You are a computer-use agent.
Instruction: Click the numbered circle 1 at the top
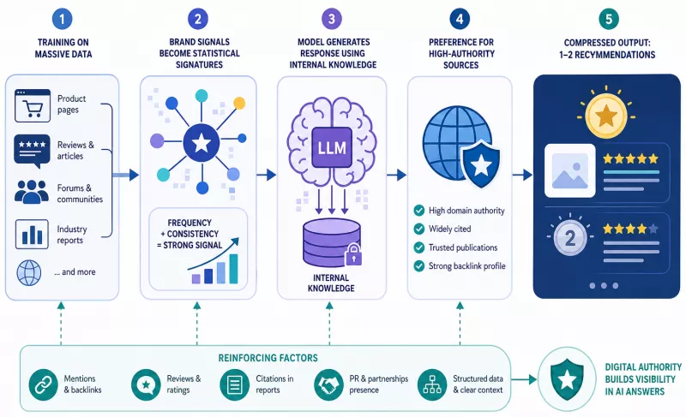click(x=62, y=19)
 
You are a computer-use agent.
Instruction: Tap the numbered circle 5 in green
click(x=609, y=19)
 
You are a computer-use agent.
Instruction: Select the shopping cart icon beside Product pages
click(x=33, y=105)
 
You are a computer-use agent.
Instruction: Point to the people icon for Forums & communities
click(x=32, y=192)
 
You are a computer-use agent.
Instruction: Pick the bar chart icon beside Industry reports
click(x=32, y=234)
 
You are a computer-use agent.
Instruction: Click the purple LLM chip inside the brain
click(x=332, y=147)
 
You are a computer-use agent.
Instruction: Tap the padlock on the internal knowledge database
click(x=353, y=255)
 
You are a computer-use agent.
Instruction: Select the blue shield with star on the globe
click(x=481, y=164)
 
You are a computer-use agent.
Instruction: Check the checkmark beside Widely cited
click(x=419, y=229)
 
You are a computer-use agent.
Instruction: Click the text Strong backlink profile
click(x=466, y=266)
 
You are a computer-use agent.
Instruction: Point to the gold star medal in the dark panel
click(x=606, y=116)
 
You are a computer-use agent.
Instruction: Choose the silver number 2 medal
click(x=569, y=238)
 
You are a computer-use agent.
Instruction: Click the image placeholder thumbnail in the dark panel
click(x=570, y=170)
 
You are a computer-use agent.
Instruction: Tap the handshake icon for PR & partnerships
click(x=328, y=385)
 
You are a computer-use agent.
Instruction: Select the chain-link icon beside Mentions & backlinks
click(x=44, y=385)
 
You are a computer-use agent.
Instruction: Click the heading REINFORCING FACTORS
click(x=268, y=358)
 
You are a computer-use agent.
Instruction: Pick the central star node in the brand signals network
click(x=202, y=143)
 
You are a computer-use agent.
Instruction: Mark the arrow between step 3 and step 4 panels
click(x=397, y=175)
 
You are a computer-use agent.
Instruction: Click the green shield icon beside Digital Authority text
click(x=567, y=379)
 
